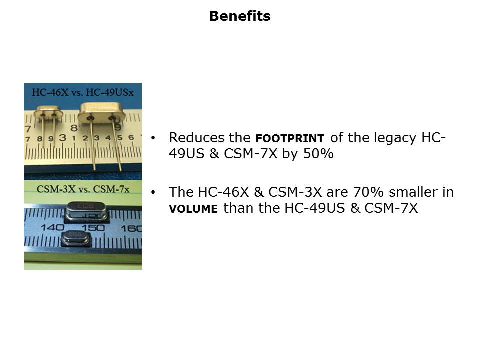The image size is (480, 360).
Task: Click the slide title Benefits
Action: [240, 16]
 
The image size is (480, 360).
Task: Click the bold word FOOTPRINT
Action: [290, 138]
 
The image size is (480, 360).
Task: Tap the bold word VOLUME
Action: [193, 209]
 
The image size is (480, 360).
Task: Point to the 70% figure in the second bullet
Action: [368, 192]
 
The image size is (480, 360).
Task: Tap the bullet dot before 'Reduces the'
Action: [153, 138]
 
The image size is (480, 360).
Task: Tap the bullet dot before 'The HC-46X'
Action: [153, 192]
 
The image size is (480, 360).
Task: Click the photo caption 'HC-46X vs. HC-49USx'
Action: [83, 92]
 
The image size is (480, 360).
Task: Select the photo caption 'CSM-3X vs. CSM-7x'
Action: [83, 189]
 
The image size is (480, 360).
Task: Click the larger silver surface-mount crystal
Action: [86, 211]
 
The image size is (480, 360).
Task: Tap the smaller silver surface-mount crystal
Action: [76, 238]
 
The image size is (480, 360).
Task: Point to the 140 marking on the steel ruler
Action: [52, 228]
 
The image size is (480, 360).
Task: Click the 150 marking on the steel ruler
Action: [93, 228]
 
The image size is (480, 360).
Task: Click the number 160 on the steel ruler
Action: [131, 228]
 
